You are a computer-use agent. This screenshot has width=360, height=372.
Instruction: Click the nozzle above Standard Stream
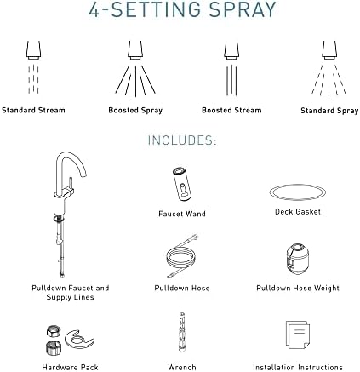[33, 50]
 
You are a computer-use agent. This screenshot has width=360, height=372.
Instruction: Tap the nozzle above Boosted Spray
[135, 50]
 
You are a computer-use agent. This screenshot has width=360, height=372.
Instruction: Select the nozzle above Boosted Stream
[231, 50]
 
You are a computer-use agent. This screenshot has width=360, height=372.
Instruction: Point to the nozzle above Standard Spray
[329, 50]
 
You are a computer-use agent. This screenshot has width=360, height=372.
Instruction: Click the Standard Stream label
[33, 110]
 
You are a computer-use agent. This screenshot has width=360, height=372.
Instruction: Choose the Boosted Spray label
[135, 110]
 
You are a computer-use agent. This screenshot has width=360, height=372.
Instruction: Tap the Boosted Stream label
[231, 110]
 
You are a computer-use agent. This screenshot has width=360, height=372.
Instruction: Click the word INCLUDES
[182, 140]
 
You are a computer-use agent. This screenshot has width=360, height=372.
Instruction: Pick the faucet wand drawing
[182, 185]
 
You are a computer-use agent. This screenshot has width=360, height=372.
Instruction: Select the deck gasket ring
[298, 185]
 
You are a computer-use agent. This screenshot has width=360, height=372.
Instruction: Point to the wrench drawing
[182, 332]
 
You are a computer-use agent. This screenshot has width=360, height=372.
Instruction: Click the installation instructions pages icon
[297, 335]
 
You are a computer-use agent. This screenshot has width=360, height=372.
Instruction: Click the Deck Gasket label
[298, 212]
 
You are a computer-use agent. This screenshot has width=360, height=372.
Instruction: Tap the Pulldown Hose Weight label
[298, 289]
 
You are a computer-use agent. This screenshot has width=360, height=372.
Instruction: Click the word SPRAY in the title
[243, 9]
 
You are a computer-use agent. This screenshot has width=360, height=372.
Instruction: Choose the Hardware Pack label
[70, 368]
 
